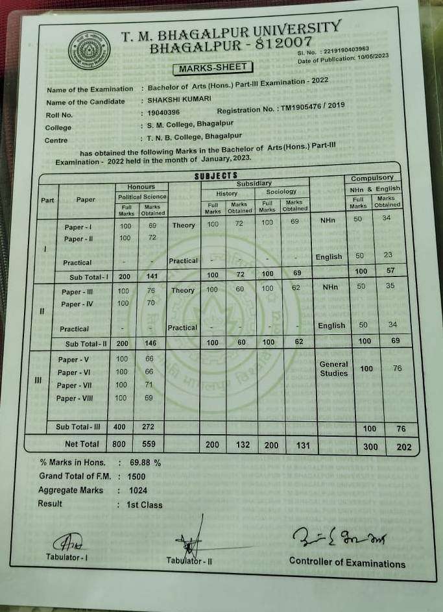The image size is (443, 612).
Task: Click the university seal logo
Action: click(90, 49)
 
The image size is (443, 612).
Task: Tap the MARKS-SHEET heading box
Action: click(212, 67)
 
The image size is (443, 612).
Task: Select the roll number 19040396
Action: click(163, 113)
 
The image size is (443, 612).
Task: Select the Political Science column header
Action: click(142, 196)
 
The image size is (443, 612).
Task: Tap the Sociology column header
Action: click(281, 191)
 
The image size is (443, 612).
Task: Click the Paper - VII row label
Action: click(76, 386)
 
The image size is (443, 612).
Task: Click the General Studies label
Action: click(334, 369)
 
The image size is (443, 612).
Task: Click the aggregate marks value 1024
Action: click(138, 491)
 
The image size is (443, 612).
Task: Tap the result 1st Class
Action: click(145, 504)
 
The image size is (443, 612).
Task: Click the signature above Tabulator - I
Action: click(66, 542)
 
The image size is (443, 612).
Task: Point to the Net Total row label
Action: click(82, 444)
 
